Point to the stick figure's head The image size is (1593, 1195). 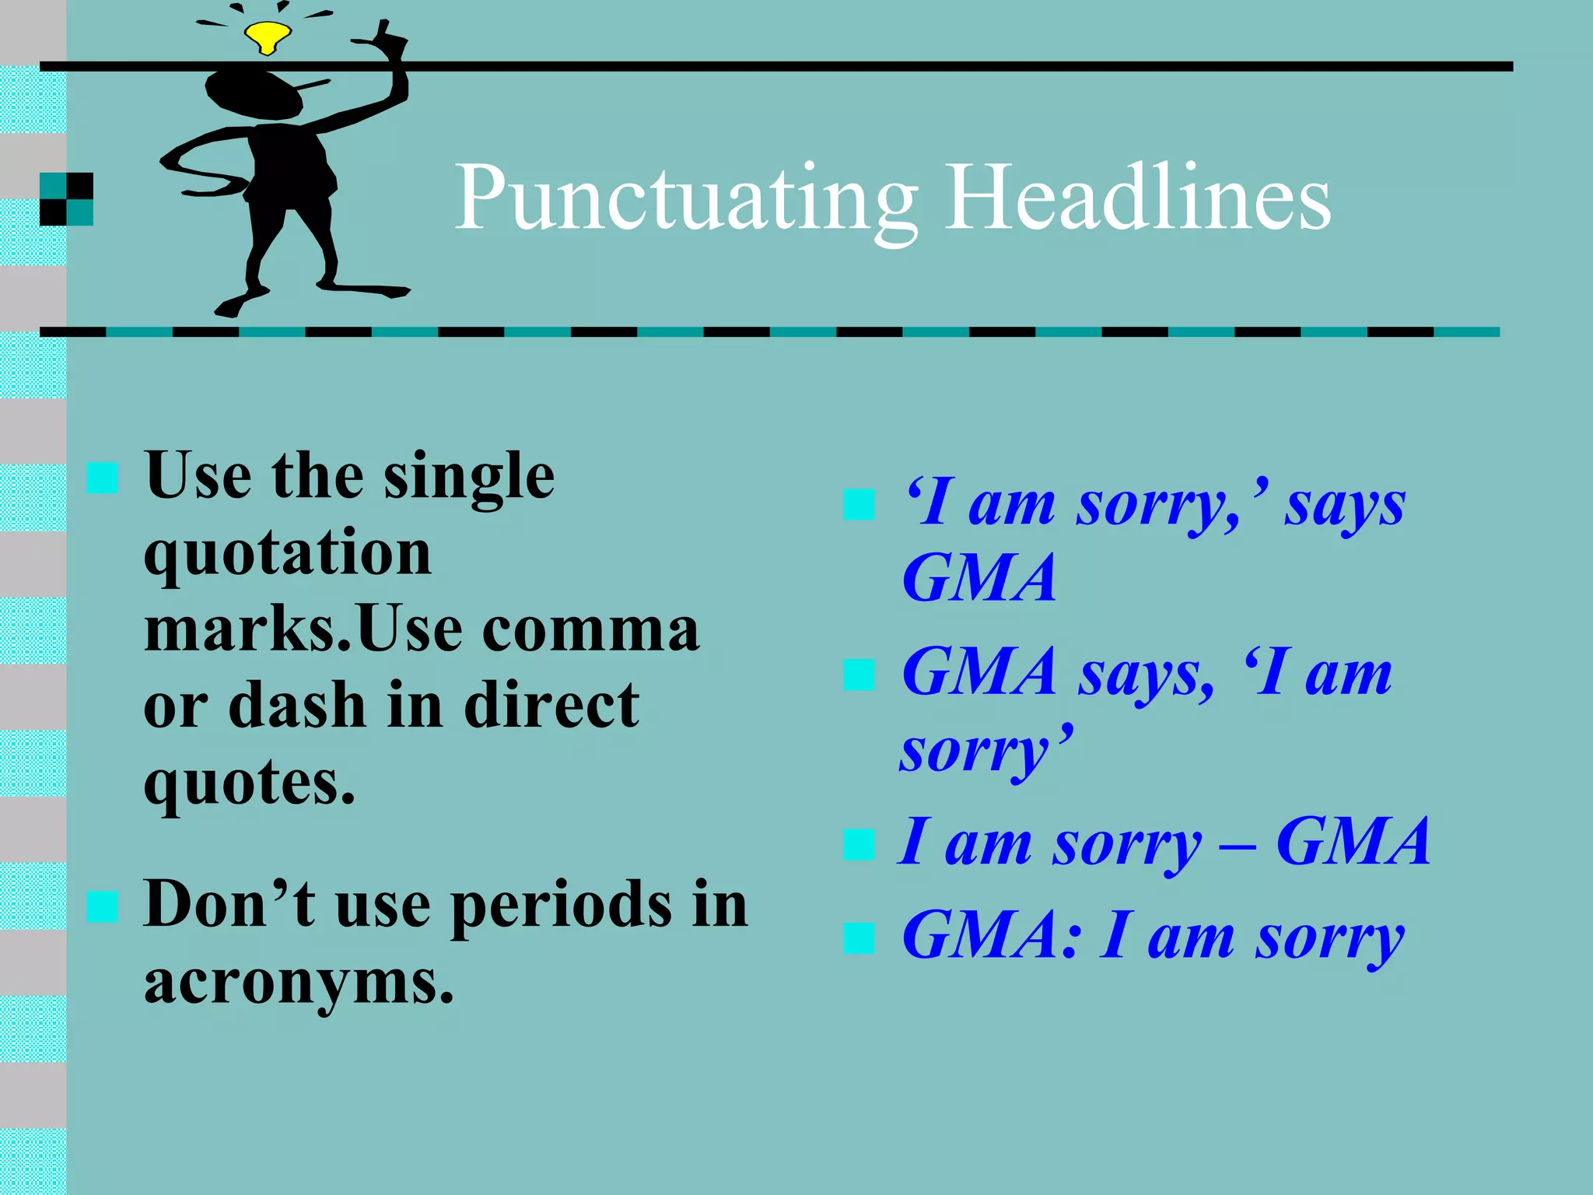tap(252, 95)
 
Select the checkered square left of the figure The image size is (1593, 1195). tap(67, 199)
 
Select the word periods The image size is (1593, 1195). tap(561, 905)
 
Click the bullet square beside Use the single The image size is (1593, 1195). tap(102, 478)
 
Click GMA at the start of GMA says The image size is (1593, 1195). tap(979, 672)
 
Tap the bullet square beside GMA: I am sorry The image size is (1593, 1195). tap(859, 937)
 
